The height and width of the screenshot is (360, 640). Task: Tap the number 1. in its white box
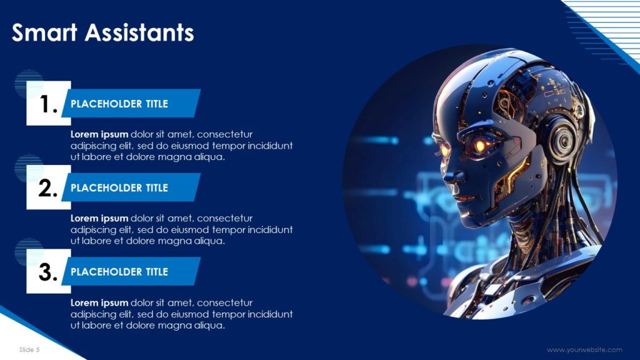[x=48, y=104]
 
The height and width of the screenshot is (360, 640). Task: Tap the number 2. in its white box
[x=48, y=188]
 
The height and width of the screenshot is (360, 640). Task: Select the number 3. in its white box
[x=48, y=272]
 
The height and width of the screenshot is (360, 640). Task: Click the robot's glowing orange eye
[x=479, y=146]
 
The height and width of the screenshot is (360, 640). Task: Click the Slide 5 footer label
[x=29, y=349]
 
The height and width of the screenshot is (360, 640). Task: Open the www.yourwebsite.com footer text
[x=584, y=350]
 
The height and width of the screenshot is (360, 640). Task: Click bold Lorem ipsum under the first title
[x=99, y=134]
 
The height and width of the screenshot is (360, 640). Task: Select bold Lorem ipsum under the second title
[x=99, y=218]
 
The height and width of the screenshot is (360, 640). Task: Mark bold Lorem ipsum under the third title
[x=99, y=302]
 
